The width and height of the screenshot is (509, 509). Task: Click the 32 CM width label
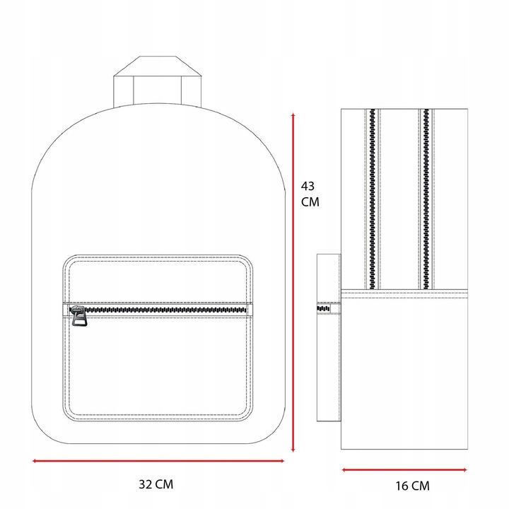[156, 484]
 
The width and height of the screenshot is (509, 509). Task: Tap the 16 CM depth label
[412, 486]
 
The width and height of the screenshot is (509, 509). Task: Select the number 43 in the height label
[308, 186]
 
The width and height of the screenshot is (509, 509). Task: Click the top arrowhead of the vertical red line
[293, 115]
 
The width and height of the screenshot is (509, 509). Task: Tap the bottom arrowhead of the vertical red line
[293, 450]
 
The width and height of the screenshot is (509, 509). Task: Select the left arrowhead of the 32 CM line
[35, 461]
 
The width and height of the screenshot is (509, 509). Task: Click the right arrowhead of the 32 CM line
[282, 461]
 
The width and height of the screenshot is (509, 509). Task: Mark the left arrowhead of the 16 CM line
[345, 469]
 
